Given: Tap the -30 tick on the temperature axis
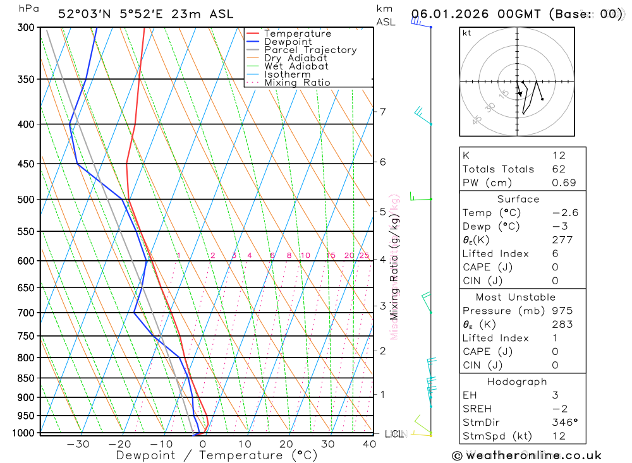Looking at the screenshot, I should (x=78, y=444).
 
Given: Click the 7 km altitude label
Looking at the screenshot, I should (x=382, y=112).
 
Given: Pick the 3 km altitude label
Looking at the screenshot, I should (x=382, y=306).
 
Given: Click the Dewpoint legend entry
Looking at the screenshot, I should (x=288, y=42).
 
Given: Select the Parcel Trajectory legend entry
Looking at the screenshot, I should (x=310, y=50).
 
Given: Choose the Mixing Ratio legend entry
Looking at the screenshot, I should (x=297, y=83).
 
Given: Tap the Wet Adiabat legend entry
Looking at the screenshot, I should (x=296, y=66).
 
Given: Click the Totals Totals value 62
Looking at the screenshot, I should (x=558, y=169).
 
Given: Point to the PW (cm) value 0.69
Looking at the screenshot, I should (x=564, y=183).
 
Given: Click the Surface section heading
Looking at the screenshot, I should (x=518, y=199).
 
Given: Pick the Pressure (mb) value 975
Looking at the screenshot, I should (x=562, y=311).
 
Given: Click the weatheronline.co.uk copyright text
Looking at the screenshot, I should (x=526, y=455).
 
